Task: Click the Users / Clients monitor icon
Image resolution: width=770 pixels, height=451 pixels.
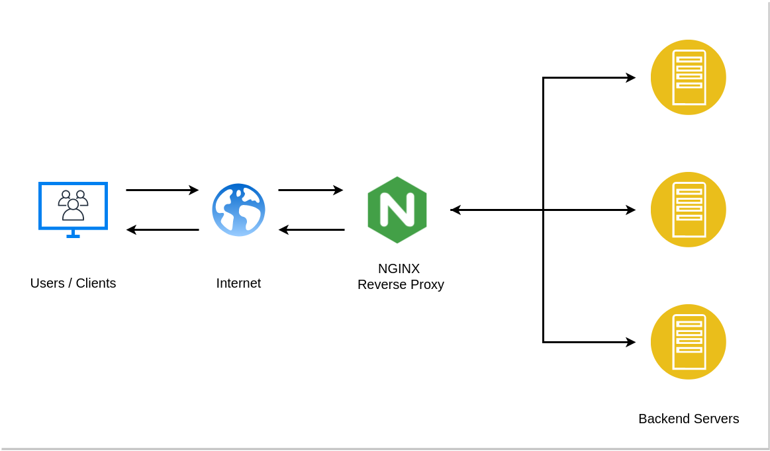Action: pos(73,206)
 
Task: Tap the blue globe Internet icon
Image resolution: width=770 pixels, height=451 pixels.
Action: pos(238,210)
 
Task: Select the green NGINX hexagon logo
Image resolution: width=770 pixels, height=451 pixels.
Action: pos(397,210)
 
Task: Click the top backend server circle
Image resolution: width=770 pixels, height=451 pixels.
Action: pos(688,77)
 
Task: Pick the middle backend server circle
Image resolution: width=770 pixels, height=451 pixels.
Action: pos(688,210)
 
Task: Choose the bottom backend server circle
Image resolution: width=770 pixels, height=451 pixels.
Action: pos(688,342)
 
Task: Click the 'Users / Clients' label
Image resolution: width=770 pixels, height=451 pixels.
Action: pos(73,283)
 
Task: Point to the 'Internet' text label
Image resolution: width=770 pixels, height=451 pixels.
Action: pos(238,283)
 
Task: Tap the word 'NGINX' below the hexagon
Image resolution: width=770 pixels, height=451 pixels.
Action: pos(399,268)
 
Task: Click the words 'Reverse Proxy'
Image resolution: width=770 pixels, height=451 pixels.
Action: pos(401,284)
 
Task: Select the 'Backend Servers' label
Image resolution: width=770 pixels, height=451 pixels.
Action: pos(689,419)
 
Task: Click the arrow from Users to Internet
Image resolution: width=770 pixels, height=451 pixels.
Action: pos(162,190)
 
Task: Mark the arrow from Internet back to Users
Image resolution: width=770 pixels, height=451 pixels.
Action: pos(162,229)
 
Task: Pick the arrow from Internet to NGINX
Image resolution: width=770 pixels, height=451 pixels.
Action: pos(311,190)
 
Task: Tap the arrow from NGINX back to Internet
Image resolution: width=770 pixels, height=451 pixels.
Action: pos(311,229)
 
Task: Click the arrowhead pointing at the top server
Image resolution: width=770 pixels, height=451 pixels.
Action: pos(630,77)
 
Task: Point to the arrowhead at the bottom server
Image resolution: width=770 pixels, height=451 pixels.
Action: pos(630,342)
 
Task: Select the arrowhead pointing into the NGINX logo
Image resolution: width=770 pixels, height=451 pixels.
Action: pos(456,210)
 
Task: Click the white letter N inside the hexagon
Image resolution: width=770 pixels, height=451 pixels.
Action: pos(397,210)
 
